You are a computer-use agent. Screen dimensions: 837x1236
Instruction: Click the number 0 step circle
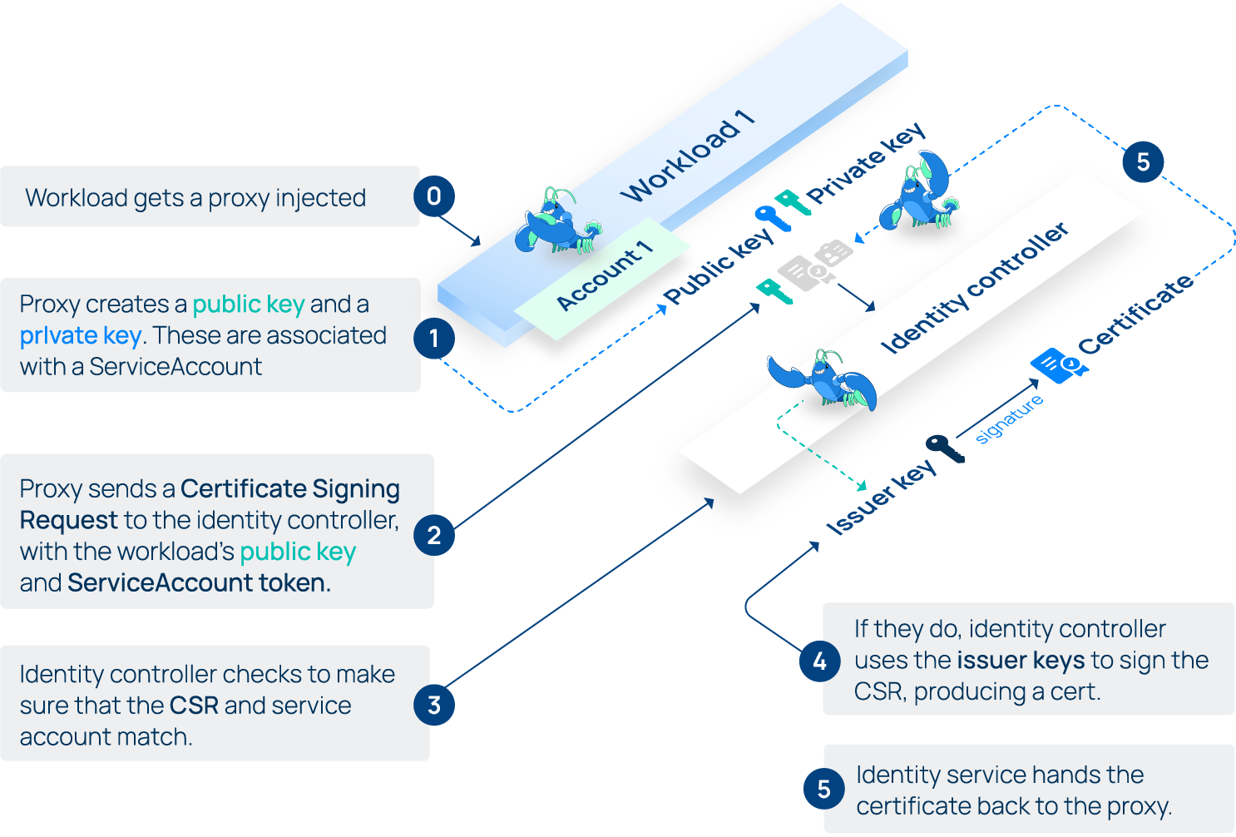[433, 196]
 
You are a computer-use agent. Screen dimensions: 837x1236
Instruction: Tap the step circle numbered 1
[433, 339]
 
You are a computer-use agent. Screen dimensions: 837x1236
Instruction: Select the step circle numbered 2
[433, 535]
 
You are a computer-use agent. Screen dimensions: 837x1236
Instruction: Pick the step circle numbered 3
[433, 706]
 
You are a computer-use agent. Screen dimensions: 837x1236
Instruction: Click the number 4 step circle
[820, 661]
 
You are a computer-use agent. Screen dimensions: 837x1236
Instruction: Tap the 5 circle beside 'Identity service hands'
[823, 790]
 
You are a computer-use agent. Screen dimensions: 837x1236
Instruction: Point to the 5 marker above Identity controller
[1143, 162]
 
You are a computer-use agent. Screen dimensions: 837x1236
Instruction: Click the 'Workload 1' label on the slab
[688, 156]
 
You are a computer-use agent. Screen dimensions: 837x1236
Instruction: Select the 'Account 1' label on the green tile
[605, 275]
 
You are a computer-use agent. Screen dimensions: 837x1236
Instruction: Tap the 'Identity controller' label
[974, 288]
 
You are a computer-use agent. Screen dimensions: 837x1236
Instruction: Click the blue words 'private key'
[80, 336]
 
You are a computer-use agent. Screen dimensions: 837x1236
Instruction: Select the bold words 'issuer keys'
[1021, 661]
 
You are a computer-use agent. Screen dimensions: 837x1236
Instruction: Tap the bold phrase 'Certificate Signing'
[289, 488]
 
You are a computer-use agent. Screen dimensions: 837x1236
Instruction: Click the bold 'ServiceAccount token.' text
[199, 583]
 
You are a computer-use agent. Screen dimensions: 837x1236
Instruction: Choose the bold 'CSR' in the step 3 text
[194, 706]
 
